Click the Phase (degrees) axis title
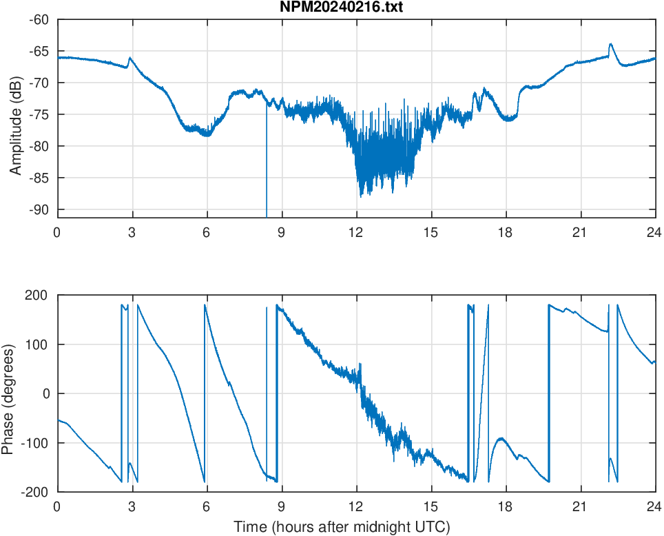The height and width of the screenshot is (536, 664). pyautogui.click(x=8, y=393)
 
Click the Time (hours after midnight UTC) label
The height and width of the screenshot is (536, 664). pyautogui.click(x=342, y=527)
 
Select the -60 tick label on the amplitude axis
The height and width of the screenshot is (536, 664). pyautogui.click(x=39, y=19)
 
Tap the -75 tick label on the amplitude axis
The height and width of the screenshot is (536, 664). pyautogui.click(x=39, y=114)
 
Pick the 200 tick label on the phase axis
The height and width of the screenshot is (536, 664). pyautogui.click(x=37, y=296)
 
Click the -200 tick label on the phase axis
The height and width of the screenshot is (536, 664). pyautogui.click(x=34, y=492)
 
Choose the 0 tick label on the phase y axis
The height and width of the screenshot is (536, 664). pyautogui.click(x=45, y=393)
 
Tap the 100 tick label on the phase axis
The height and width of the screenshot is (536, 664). pyautogui.click(x=37, y=344)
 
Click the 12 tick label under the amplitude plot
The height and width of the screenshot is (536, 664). pyautogui.click(x=356, y=232)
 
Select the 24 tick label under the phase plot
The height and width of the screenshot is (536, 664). pyautogui.click(x=655, y=506)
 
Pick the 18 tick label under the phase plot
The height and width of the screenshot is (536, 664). pyautogui.click(x=506, y=506)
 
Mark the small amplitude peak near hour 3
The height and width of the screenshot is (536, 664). pyautogui.click(x=130, y=59)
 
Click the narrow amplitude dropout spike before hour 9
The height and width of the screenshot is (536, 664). pyautogui.click(x=267, y=172)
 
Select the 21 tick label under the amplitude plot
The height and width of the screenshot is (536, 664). pyautogui.click(x=580, y=232)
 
